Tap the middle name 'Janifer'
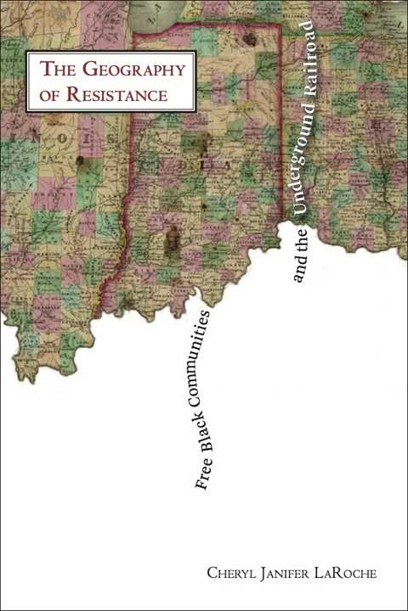click(x=285, y=575)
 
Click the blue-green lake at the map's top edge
click(x=169, y=10)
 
